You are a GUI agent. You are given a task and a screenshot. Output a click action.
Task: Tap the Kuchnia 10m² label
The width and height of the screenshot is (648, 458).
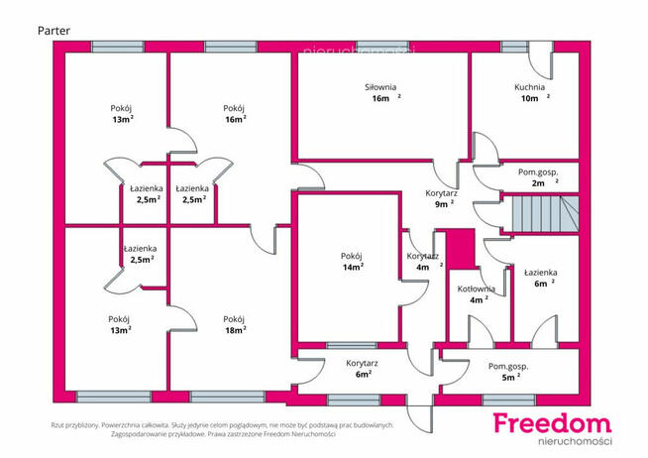coord(531,92)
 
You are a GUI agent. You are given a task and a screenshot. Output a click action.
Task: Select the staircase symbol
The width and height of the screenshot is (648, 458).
coord(545,214)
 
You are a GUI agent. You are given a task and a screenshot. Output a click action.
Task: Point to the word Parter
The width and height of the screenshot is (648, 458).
coord(54,31)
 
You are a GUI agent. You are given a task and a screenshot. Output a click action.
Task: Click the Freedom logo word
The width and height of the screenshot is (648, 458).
coord(553,423)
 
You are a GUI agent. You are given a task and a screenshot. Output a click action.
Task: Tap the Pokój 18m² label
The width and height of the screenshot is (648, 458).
coord(234,324)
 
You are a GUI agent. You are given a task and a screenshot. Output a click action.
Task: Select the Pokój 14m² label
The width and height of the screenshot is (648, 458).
coord(353,262)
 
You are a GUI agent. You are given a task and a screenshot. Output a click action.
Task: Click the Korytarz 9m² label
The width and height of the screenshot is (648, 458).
coord(441,198)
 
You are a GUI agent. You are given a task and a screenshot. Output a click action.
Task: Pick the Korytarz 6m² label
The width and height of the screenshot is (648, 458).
coord(362,369)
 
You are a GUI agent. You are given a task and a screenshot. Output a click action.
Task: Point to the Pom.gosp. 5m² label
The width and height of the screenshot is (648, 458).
coord(508,372)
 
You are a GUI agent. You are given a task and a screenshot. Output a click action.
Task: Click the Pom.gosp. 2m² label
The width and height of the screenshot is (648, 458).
coord(538,177)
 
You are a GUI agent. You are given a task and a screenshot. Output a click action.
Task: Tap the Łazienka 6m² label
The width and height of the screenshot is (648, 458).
coord(541,278)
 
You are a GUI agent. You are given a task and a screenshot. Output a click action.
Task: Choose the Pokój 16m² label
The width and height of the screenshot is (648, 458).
coord(234,114)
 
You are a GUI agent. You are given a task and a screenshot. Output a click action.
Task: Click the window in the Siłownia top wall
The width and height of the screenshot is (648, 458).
coord(382,47)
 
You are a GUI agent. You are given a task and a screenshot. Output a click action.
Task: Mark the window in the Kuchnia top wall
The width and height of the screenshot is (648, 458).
coord(514,47)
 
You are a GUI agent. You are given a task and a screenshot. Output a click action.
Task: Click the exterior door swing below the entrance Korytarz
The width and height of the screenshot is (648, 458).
coord(420,418)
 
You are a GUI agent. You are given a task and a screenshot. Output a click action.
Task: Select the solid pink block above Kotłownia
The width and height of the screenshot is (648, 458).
coord(461,249)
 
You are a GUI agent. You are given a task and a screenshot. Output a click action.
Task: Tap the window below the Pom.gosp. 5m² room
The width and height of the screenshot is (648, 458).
coord(508,400)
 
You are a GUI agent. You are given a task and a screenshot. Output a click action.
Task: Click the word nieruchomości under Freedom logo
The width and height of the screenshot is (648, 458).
coord(575,441)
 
